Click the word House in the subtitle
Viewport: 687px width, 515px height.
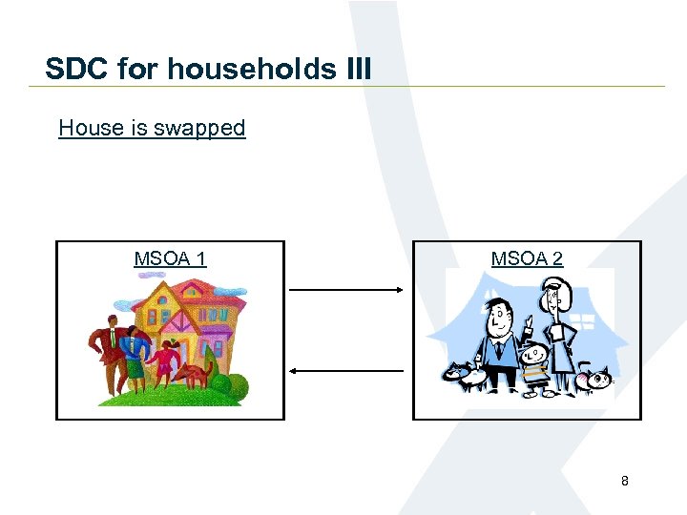(x=92, y=128)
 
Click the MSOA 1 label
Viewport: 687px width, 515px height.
(x=170, y=258)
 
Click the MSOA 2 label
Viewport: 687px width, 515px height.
(x=527, y=258)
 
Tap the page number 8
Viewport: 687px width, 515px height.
(x=625, y=481)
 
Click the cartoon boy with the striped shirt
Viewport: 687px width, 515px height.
(x=535, y=363)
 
